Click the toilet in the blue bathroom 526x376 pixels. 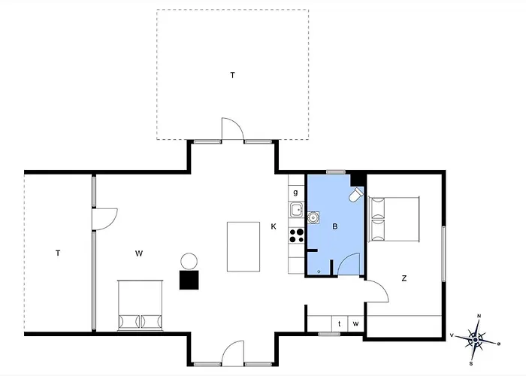click(356, 194)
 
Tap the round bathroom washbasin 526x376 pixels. click(313, 217)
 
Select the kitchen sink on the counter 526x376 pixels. click(297, 210)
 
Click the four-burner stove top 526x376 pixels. click(297, 235)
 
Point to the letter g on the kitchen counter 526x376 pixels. click(295, 193)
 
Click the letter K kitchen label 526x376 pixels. click(274, 226)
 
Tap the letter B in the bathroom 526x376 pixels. click(335, 226)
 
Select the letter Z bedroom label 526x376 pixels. click(404, 278)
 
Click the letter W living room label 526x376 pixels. click(139, 253)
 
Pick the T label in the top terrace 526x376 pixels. click(232, 75)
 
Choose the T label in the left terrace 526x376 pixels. click(58, 253)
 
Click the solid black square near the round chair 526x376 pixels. click(189, 280)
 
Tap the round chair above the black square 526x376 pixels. click(189, 261)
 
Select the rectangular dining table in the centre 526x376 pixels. click(243, 247)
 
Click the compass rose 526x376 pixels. click(476, 341)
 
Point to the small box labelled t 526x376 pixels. click(340, 323)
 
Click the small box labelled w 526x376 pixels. click(356, 323)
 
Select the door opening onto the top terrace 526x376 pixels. click(232, 129)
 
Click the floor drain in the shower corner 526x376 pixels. click(319, 271)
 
